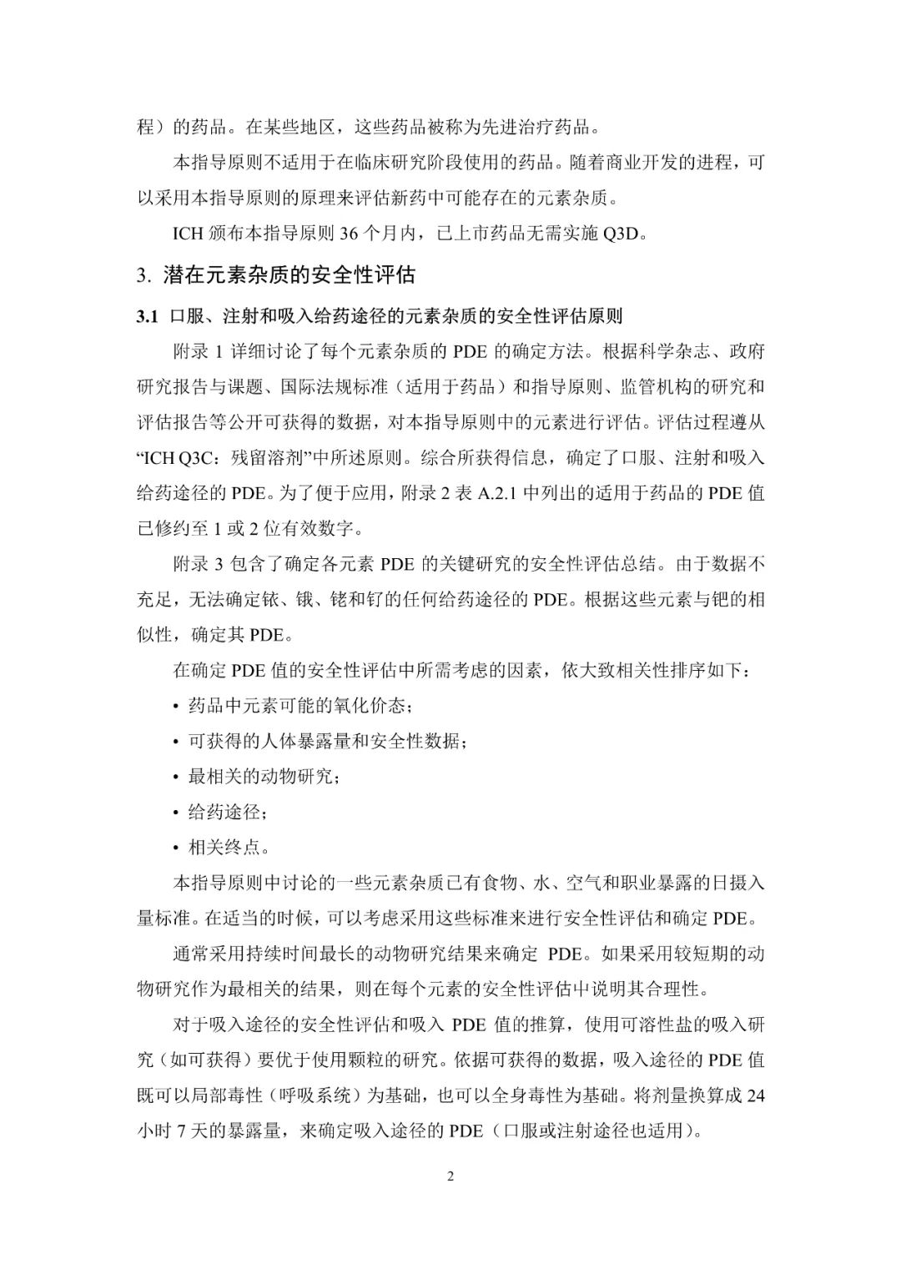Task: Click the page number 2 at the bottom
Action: pyautogui.click(x=450, y=1177)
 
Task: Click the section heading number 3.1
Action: pyautogui.click(x=147, y=316)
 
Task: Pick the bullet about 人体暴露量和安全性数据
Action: pyautogui.click(x=326, y=741)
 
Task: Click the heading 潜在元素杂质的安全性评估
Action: pyautogui.click(x=289, y=274)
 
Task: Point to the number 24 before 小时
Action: pyautogui.click(x=755, y=1095)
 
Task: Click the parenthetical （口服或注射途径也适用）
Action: pyautogui.click(x=596, y=1131)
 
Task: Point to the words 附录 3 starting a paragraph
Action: pyautogui.click(x=198, y=564)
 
